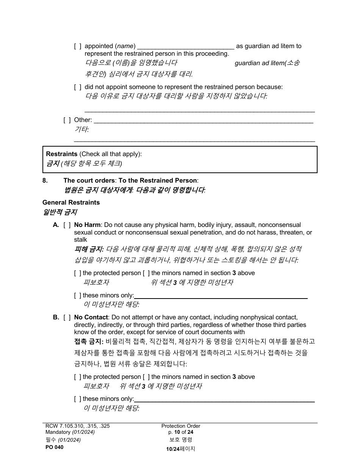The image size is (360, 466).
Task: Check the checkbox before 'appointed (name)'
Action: pos(78,46)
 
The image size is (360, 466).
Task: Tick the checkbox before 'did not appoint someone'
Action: pos(78,87)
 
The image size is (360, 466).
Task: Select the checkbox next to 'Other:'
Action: pos(67,120)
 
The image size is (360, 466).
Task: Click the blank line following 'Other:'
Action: pos(203,121)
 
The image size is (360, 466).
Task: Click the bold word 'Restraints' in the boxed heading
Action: pos(62,154)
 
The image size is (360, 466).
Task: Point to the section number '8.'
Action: pos(45,181)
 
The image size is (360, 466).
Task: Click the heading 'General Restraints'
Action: pos(71,203)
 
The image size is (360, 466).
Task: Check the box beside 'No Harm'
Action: pos(67,225)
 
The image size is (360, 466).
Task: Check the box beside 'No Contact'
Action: pos(67,317)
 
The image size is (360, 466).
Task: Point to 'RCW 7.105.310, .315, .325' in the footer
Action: pos(77,426)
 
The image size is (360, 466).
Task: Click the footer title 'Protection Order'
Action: pos(181,426)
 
